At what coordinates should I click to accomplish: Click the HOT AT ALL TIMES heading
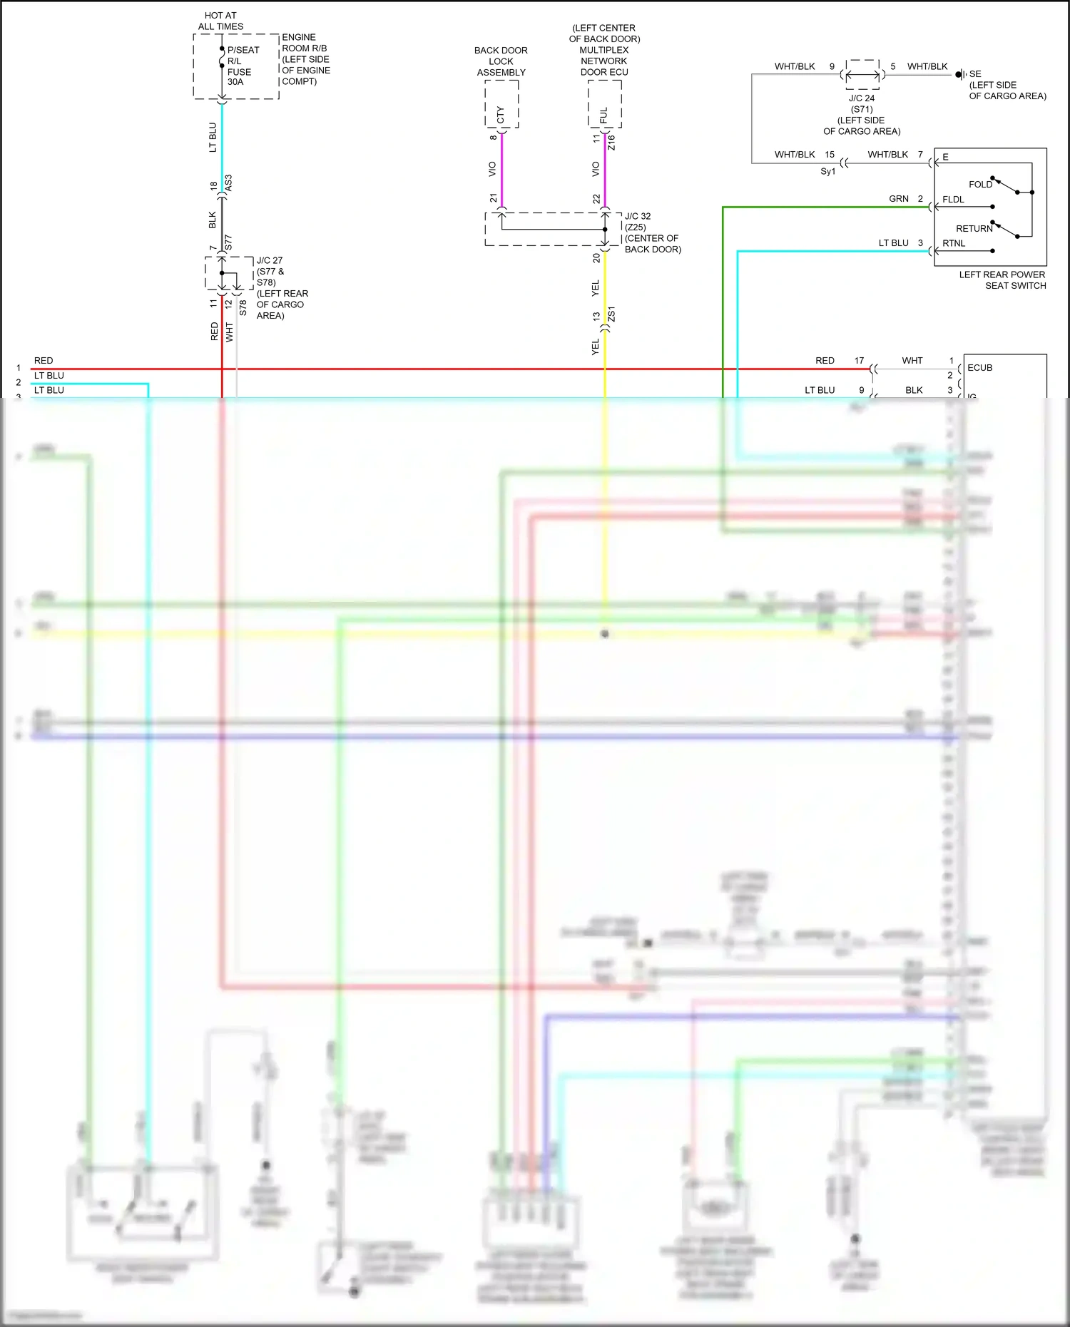(220, 21)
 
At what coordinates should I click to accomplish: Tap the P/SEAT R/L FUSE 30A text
(241, 66)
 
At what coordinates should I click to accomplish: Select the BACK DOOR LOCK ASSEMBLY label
(501, 61)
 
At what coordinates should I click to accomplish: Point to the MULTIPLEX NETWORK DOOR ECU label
(603, 61)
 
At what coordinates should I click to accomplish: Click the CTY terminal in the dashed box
(501, 114)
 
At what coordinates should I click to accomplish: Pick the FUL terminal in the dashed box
(604, 115)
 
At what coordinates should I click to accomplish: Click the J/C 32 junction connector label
(638, 216)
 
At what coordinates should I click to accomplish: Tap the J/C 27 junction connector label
(270, 260)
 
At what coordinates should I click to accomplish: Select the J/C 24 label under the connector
(862, 98)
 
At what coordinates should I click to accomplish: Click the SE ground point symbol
(959, 74)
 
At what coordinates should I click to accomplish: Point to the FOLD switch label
(980, 185)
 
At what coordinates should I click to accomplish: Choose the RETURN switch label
(974, 229)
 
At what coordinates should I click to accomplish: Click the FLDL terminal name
(953, 200)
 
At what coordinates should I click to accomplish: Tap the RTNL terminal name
(954, 244)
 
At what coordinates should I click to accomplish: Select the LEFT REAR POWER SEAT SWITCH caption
(1002, 280)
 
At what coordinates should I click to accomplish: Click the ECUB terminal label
(979, 368)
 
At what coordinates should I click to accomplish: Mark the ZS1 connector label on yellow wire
(611, 314)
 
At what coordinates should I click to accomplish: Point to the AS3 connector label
(228, 183)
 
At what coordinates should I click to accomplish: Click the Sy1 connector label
(827, 172)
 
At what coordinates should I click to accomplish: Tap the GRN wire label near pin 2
(898, 199)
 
